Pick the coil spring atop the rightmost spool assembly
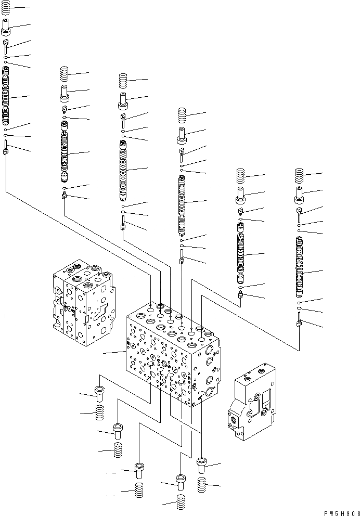coord(299,175)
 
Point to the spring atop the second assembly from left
coord(65,74)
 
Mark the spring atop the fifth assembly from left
coord(241,176)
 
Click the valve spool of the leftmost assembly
coord(6,99)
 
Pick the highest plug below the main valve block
coord(99,393)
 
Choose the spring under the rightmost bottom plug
coord(203,485)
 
